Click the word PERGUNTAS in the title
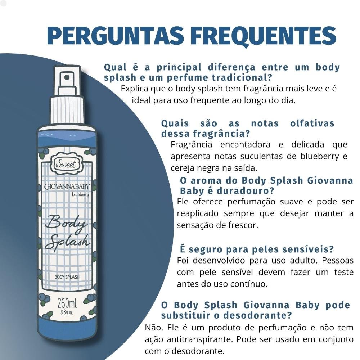116,36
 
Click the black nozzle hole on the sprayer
67,77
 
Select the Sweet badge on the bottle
66,164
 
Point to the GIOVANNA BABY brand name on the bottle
67,186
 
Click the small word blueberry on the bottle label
80,194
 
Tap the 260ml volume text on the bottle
67,303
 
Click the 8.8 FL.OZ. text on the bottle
67,312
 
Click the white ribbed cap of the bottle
67,110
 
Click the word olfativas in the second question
312,123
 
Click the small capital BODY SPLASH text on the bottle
67,277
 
